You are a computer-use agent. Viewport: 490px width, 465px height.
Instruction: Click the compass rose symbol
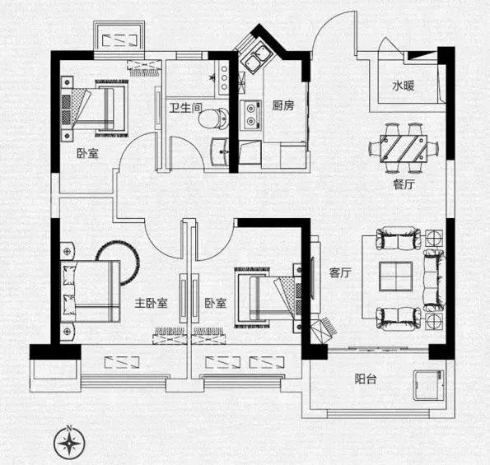tap(69, 443)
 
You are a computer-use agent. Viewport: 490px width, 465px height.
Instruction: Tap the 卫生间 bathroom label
tap(185, 108)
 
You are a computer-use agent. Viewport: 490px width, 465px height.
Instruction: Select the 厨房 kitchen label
tap(282, 105)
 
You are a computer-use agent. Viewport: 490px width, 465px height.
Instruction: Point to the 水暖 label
tap(404, 86)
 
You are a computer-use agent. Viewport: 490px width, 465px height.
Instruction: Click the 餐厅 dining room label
tap(404, 184)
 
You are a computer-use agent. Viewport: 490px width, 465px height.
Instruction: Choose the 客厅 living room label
tap(340, 272)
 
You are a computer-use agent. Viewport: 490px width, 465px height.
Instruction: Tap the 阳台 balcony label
tap(366, 379)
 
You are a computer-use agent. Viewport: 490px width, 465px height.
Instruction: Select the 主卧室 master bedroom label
tap(151, 303)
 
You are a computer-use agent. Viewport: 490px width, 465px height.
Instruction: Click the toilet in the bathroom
tap(214, 119)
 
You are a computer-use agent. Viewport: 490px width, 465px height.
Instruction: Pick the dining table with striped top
tap(404, 148)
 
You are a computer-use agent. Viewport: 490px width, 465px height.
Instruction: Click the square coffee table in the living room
tap(395, 277)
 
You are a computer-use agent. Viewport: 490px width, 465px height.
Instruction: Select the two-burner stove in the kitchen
tap(250, 114)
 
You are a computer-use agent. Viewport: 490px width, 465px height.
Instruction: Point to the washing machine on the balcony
tap(429, 385)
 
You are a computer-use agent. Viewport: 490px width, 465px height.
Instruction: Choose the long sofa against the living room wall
tap(434, 281)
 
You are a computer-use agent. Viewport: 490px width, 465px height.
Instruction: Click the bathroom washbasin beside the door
tap(221, 152)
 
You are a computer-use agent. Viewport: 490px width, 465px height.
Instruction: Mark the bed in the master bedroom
tap(91, 291)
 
